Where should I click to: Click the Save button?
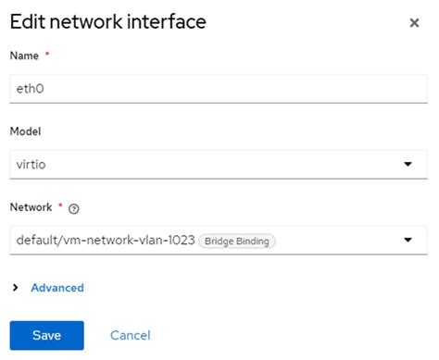[x=46, y=335]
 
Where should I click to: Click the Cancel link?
[x=130, y=335]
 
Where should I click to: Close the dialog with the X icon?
[x=414, y=23]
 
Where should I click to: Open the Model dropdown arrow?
[x=408, y=165]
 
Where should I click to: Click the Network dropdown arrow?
[x=408, y=241]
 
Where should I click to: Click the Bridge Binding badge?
[x=238, y=241]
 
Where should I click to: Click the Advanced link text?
[x=57, y=288]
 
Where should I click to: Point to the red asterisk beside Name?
[x=47, y=56]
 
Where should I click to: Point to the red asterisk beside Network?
[x=60, y=207]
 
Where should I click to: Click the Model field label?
[x=26, y=131]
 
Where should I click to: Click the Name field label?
[x=24, y=56]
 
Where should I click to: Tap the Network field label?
[x=31, y=208]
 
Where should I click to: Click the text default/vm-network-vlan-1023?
[x=105, y=241]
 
